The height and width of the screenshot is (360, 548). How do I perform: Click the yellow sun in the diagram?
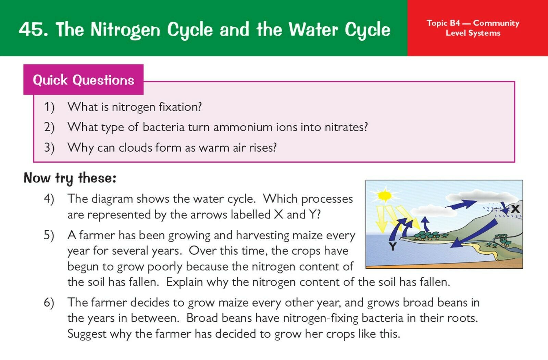[x=385, y=195]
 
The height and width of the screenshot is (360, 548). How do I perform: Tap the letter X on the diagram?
[x=515, y=209]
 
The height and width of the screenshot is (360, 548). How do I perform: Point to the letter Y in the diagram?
[x=393, y=246]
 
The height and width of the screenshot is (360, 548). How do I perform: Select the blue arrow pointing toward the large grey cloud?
[x=461, y=204]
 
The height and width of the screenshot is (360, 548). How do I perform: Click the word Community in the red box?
[x=496, y=23]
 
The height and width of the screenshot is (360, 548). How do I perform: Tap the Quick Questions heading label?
[x=84, y=80]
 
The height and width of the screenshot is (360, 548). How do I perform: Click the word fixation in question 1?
[x=180, y=107]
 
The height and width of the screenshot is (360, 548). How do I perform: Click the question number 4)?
[x=49, y=199]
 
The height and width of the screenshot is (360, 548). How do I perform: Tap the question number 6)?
[x=49, y=303]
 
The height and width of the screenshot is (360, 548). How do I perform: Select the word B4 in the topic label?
[x=455, y=23]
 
